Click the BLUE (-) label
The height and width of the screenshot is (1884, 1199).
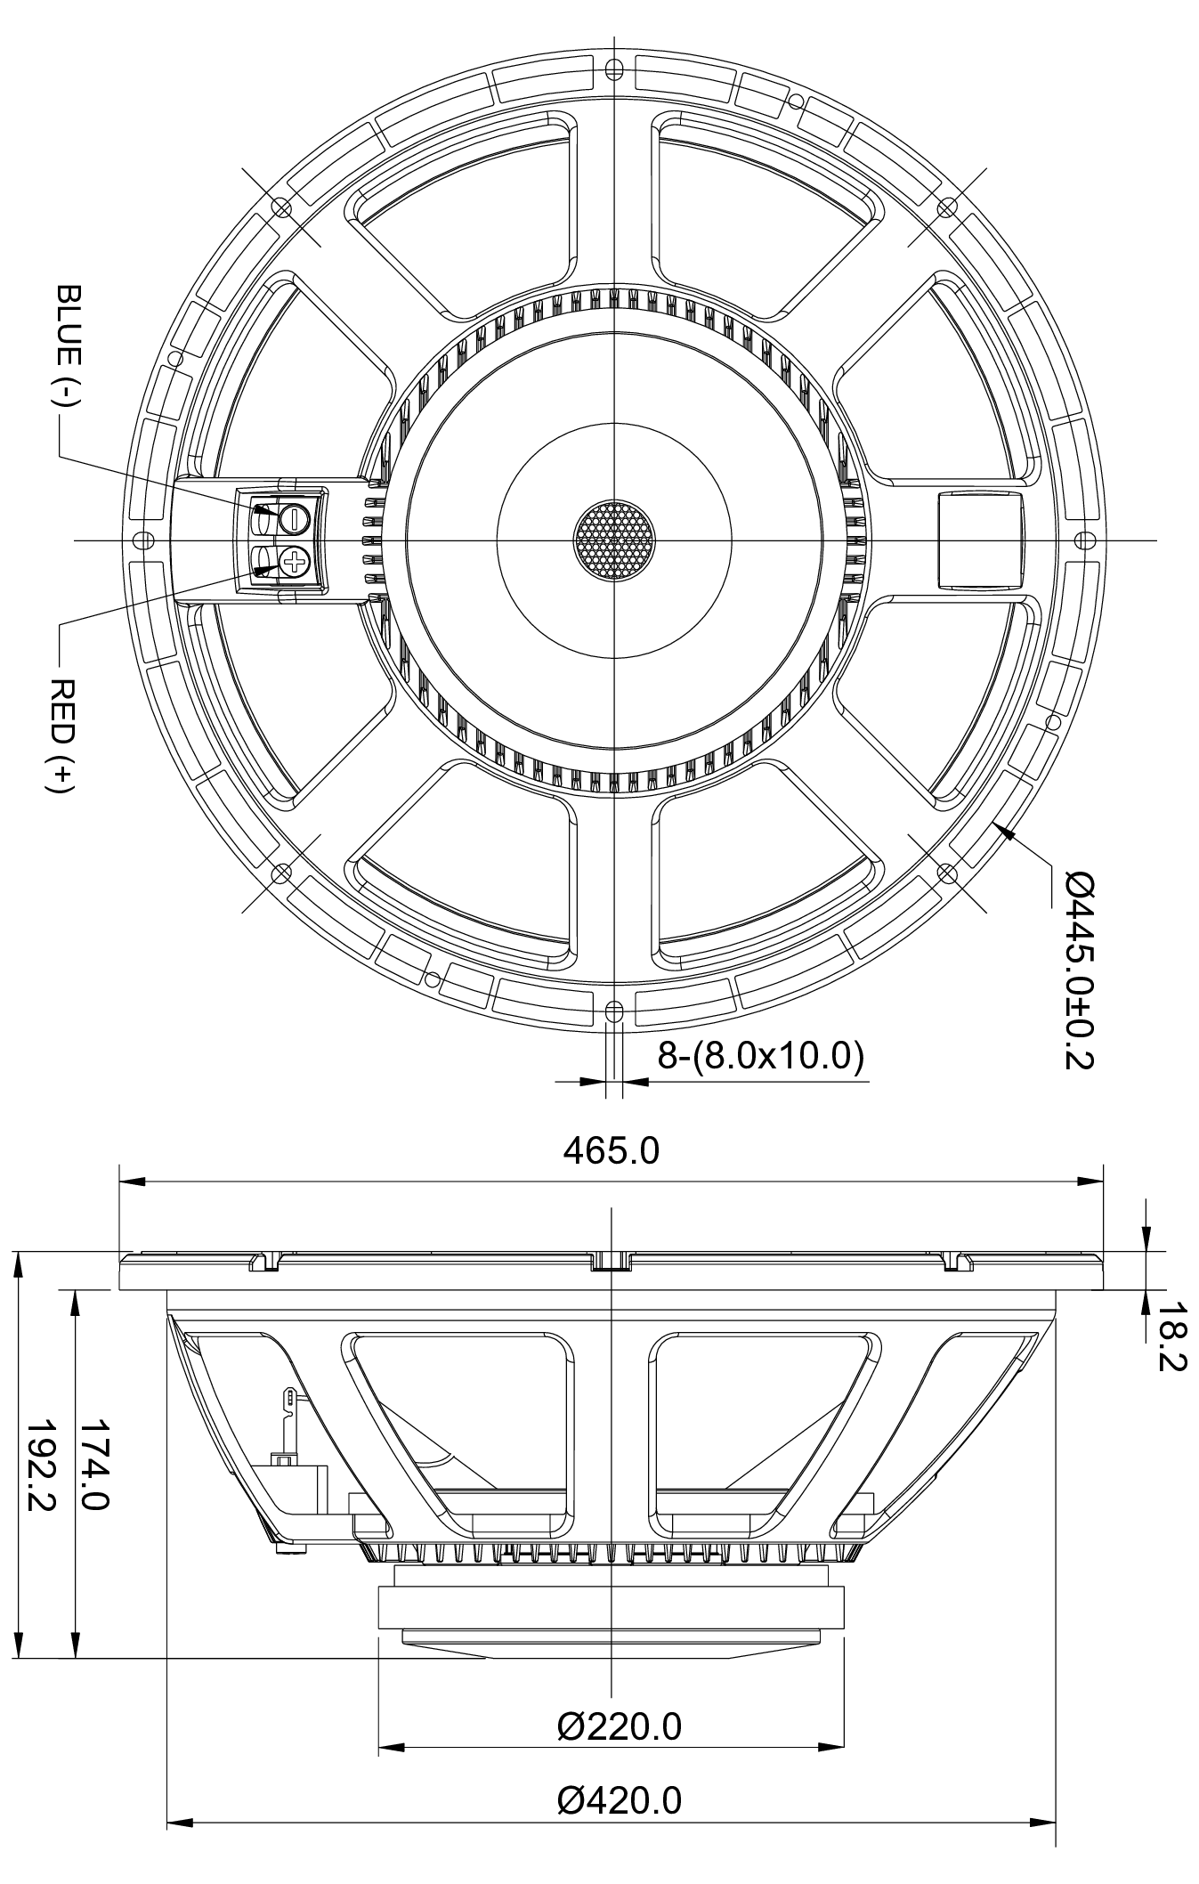pos(68,347)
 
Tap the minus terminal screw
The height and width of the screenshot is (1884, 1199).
pos(293,517)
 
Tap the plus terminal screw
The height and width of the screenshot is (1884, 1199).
pos(293,561)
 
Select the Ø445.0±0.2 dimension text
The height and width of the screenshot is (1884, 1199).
pos(1078,969)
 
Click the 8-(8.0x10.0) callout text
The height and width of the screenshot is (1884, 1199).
pos(760,1056)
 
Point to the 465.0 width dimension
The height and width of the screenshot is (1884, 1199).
pos(611,1150)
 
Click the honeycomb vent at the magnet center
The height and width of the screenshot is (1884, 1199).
pos(612,540)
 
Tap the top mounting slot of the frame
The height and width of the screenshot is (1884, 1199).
pos(612,69)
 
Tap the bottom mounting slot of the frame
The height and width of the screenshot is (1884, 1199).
pos(612,1010)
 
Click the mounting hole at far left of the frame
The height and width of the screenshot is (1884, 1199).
pos(141,540)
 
